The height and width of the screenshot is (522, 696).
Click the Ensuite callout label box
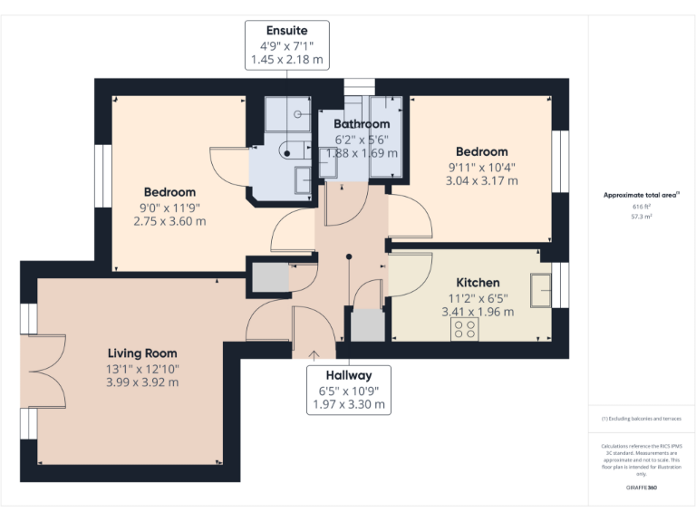tap(286, 45)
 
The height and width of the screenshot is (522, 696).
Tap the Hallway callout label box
tap(349, 390)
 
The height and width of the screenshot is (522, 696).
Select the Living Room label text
tap(142, 353)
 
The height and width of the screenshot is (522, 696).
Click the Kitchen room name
tap(478, 283)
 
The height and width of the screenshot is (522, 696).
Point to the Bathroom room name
tap(362, 124)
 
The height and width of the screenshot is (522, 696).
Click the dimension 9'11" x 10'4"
tap(481, 167)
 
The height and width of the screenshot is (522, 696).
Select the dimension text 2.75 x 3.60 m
tap(169, 221)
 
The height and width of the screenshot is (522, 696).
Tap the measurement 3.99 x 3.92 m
tap(142, 382)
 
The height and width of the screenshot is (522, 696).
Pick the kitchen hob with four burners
tap(466, 329)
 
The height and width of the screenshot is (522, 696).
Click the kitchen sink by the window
tap(542, 288)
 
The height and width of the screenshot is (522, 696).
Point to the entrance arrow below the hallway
tap(314, 354)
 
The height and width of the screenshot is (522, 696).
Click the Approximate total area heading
tap(642, 195)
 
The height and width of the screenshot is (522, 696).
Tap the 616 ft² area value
tap(642, 207)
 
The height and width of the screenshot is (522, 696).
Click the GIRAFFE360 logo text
tap(641, 488)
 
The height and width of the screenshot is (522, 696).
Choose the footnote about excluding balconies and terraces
tap(641, 419)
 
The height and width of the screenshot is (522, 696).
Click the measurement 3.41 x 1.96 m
tap(478, 312)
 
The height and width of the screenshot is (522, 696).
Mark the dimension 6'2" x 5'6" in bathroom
tap(362, 140)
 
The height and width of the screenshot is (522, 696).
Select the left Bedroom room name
tap(169, 192)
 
